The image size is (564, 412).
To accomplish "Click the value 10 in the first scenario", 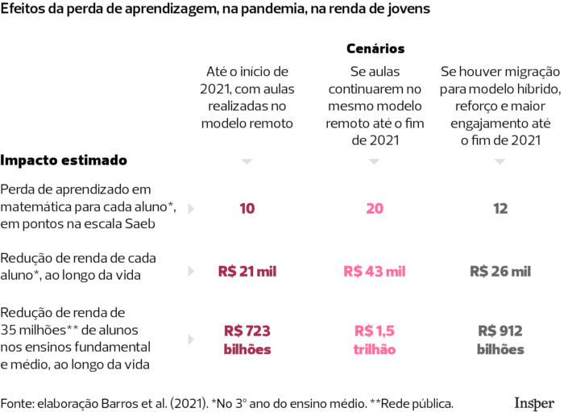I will point(247,209).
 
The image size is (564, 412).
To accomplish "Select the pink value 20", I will point(374,209).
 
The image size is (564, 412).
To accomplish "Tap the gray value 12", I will point(500,209).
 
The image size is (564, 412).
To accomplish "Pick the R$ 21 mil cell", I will point(247,272).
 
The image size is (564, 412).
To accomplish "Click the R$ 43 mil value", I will point(374,272).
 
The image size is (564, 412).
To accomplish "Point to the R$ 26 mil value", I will point(500,272).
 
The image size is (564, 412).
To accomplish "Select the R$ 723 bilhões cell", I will point(247,339).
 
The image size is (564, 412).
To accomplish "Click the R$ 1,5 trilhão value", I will point(374,339).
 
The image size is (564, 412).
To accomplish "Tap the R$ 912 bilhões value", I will point(500,339).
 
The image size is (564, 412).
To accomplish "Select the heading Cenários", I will point(375,49).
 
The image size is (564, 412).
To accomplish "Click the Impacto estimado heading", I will point(64,160).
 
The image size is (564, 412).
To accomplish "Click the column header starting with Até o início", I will point(247,97).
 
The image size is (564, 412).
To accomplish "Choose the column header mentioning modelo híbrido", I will point(500,106).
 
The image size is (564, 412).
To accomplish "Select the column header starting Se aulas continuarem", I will point(374,106).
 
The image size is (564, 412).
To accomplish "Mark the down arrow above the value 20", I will point(374,162).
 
